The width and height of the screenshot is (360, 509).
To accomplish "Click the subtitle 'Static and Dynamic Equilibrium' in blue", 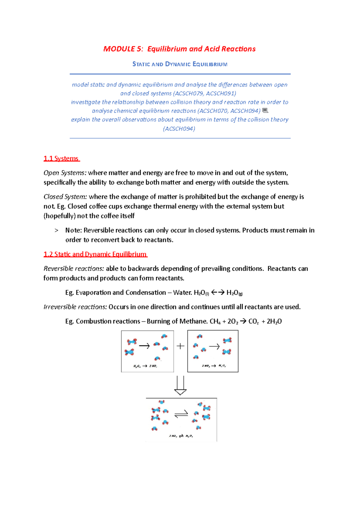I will [180, 64].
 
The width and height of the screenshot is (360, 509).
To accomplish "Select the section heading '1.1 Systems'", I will [61, 159].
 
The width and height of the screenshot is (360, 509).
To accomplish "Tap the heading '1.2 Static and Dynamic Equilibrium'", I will [95, 254].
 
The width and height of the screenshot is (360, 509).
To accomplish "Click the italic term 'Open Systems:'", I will [65, 173].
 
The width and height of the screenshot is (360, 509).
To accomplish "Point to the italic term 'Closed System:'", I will [65, 197].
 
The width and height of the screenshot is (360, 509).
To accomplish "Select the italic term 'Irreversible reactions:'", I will [75, 307].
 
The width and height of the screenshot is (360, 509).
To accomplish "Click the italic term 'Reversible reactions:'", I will [74, 269].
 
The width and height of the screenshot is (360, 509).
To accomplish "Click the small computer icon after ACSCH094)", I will [265, 111].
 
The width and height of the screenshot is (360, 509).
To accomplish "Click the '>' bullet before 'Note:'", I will [56, 231].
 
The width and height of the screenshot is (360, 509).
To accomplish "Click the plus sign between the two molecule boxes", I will [180, 346].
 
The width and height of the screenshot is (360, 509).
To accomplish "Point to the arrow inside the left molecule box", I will [144, 346].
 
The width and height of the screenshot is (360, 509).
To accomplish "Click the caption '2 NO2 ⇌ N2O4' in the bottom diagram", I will [181, 436].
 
